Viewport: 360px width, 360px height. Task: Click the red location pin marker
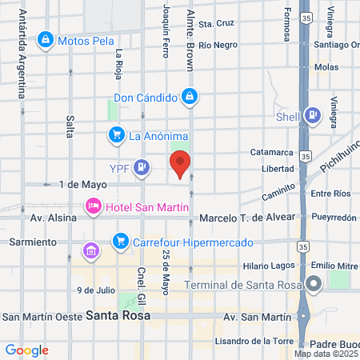pyautogui.click(x=181, y=163)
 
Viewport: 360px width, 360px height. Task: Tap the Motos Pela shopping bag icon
pyautogui.click(x=46, y=39)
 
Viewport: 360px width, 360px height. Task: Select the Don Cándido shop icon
pyautogui.click(x=189, y=98)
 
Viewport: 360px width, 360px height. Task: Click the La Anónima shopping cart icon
pyautogui.click(x=117, y=134)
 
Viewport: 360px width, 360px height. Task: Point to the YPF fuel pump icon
pyautogui.click(x=142, y=167)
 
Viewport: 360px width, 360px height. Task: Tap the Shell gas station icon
pyautogui.click(x=312, y=116)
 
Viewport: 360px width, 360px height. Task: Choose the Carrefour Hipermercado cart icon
pyautogui.click(x=121, y=240)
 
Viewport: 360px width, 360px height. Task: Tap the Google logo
pyautogui.click(x=26, y=350)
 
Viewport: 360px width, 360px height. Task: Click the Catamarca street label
pyautogui.click(x=272, y=151)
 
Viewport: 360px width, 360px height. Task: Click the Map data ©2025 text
pyautogui.click(x=326, y=353)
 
